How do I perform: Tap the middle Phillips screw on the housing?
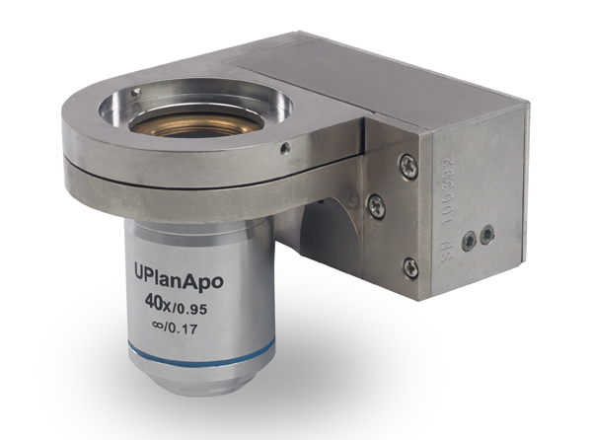tap(376, 206)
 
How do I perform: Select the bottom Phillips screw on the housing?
tap(409, 266)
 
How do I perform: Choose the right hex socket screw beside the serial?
tap(485, 234)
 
